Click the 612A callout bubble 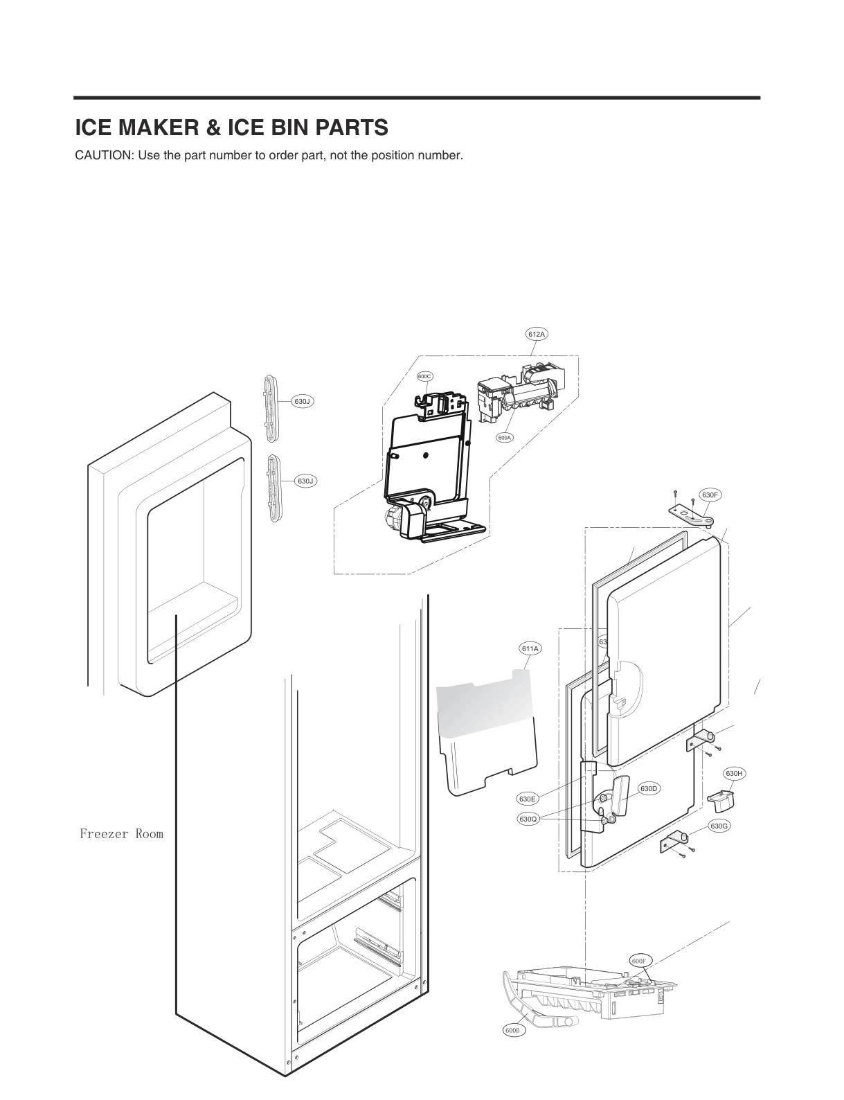click(537, 334)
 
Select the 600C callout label click(424, 376)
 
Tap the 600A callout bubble click(504, 437)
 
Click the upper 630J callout click(303, 401)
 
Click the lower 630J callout click(305, 481)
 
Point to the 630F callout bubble click(710, 495)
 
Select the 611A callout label click(530, 648)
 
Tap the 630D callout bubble click(649, 788)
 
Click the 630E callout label click(527, 799)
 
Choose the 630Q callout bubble click(528, 819)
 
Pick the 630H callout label click(734, 773)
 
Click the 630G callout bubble click(719, 826)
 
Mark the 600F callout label click(638, 961)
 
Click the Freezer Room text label click(121, 834)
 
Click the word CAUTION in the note click(104, 155)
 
